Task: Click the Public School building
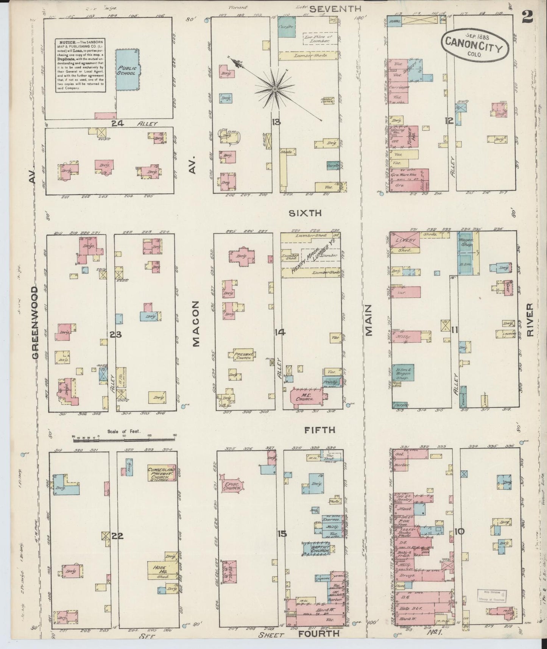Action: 127,70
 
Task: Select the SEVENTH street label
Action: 335,9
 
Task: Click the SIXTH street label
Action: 305,213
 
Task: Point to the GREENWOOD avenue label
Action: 35,323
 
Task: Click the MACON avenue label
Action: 195,324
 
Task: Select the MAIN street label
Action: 369,321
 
